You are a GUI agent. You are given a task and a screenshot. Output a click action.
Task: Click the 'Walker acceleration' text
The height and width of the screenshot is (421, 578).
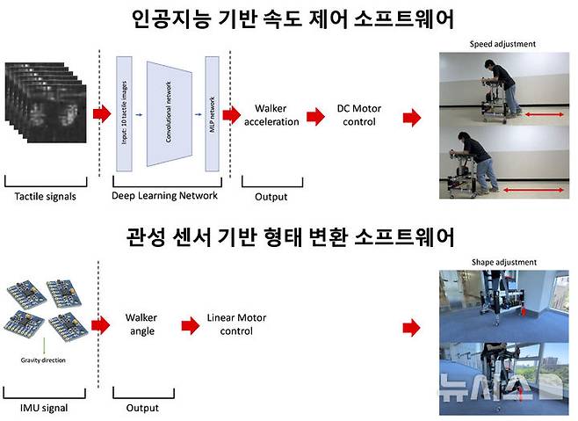[x=276, y=115]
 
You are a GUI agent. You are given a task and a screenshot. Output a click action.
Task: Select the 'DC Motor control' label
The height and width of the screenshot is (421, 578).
[x=356, y=115]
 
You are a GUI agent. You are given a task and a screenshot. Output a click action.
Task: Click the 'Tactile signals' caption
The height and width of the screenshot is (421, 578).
[x=47, y=197]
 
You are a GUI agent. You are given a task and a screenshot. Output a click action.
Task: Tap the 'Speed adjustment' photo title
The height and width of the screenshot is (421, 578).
[x=503, y=43]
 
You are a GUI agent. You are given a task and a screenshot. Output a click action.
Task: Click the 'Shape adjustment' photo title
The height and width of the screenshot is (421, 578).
[x=503, y=261]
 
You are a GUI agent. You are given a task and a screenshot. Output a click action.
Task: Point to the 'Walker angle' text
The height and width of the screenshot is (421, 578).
[x=141, y=324]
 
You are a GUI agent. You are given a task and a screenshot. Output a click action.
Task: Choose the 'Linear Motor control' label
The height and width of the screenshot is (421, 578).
[x=231, y=324]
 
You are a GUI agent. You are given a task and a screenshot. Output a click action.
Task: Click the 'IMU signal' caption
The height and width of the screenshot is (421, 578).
[x=43, y=408]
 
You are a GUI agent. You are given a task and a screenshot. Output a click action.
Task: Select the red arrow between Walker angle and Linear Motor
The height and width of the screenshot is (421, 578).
[x=187, y=325]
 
